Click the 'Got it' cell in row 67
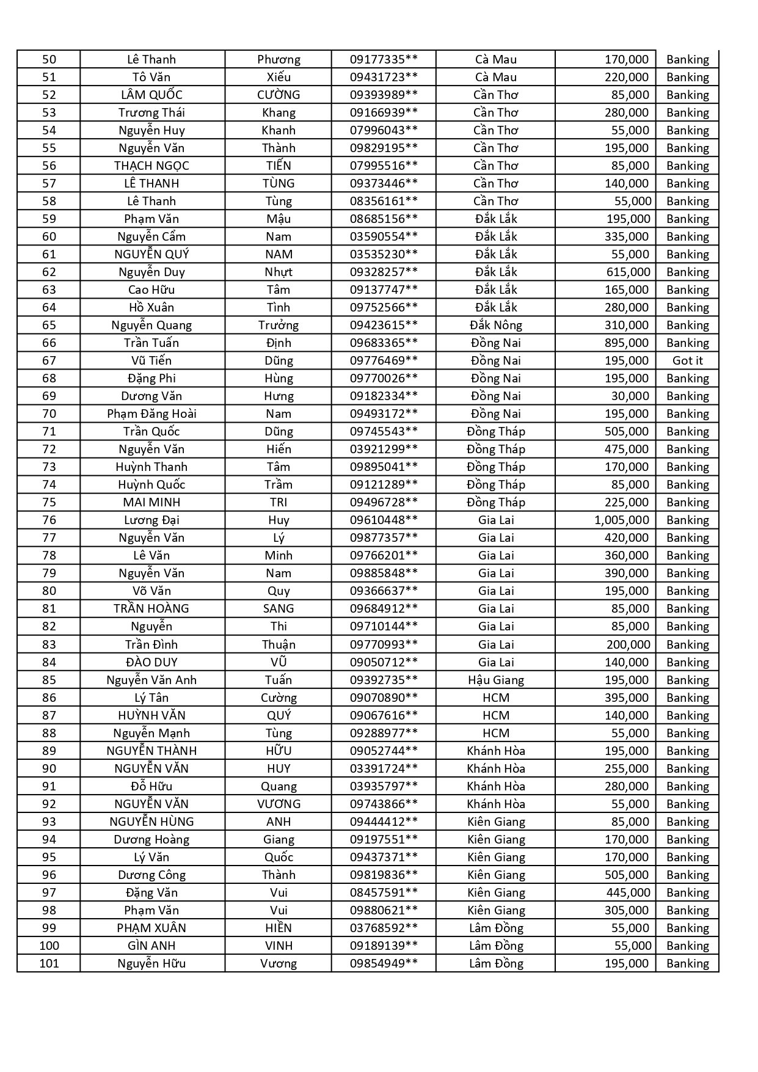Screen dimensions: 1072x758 687,360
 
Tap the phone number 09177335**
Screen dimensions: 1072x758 384,59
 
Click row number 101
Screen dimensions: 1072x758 49,963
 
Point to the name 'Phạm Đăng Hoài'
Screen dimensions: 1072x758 151,414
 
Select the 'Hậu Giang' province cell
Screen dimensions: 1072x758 495,680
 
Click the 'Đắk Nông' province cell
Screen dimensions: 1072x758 495,325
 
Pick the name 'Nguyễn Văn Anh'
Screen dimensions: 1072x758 151,680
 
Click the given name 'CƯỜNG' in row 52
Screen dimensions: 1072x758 279,95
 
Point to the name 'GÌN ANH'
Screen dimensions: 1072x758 151,946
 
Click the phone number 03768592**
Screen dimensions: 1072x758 384,928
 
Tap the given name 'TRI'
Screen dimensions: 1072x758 279,502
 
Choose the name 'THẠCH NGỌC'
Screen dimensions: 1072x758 151,166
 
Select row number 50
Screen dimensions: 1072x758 49,59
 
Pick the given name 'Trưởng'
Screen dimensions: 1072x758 279,325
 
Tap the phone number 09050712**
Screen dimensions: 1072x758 384,662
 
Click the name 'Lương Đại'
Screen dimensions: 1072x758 151,520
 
